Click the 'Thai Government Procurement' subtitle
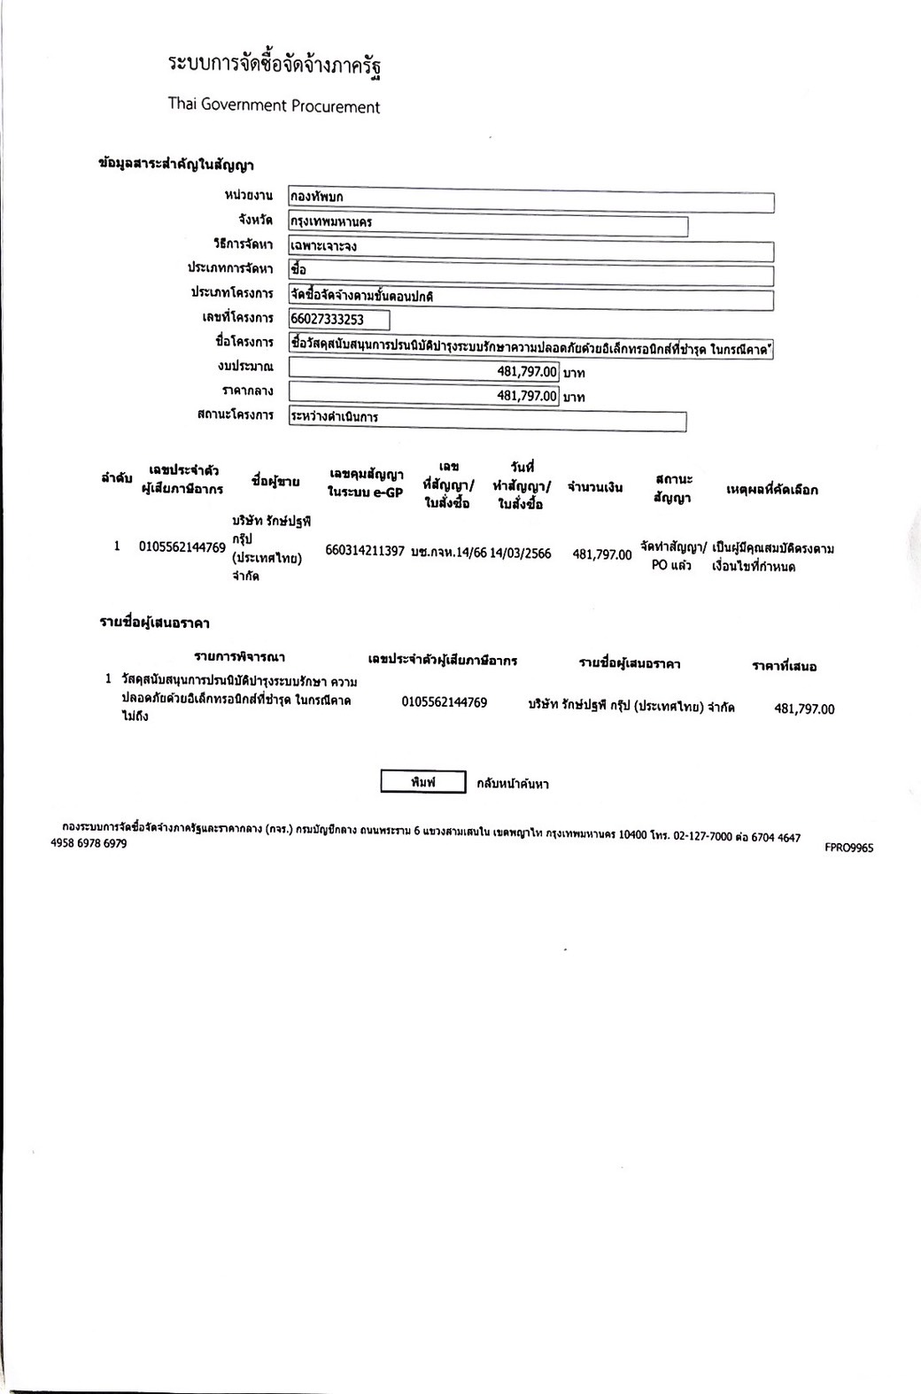tap(274, 106)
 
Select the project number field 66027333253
tap(339, 319)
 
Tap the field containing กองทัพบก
tap(531, 202)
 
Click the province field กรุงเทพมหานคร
tap(488, 226)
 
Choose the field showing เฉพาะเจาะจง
tap(531, 252)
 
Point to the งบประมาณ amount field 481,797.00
tap(424, 371)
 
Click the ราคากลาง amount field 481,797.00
tap(424, 396)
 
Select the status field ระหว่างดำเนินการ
tap(487, 421)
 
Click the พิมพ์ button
tap(422, 782)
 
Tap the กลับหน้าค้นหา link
tap(512, 784)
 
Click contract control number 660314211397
tap(365, 551)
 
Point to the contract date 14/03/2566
tap(521, 554)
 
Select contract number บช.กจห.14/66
tap(449, 553)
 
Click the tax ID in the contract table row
tap(182, 547)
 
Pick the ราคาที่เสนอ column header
tap(784, 666)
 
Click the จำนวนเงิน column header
tap(595, 486)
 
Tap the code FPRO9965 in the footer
tap(848, 848)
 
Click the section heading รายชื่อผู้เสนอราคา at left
tap(154, 623)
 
